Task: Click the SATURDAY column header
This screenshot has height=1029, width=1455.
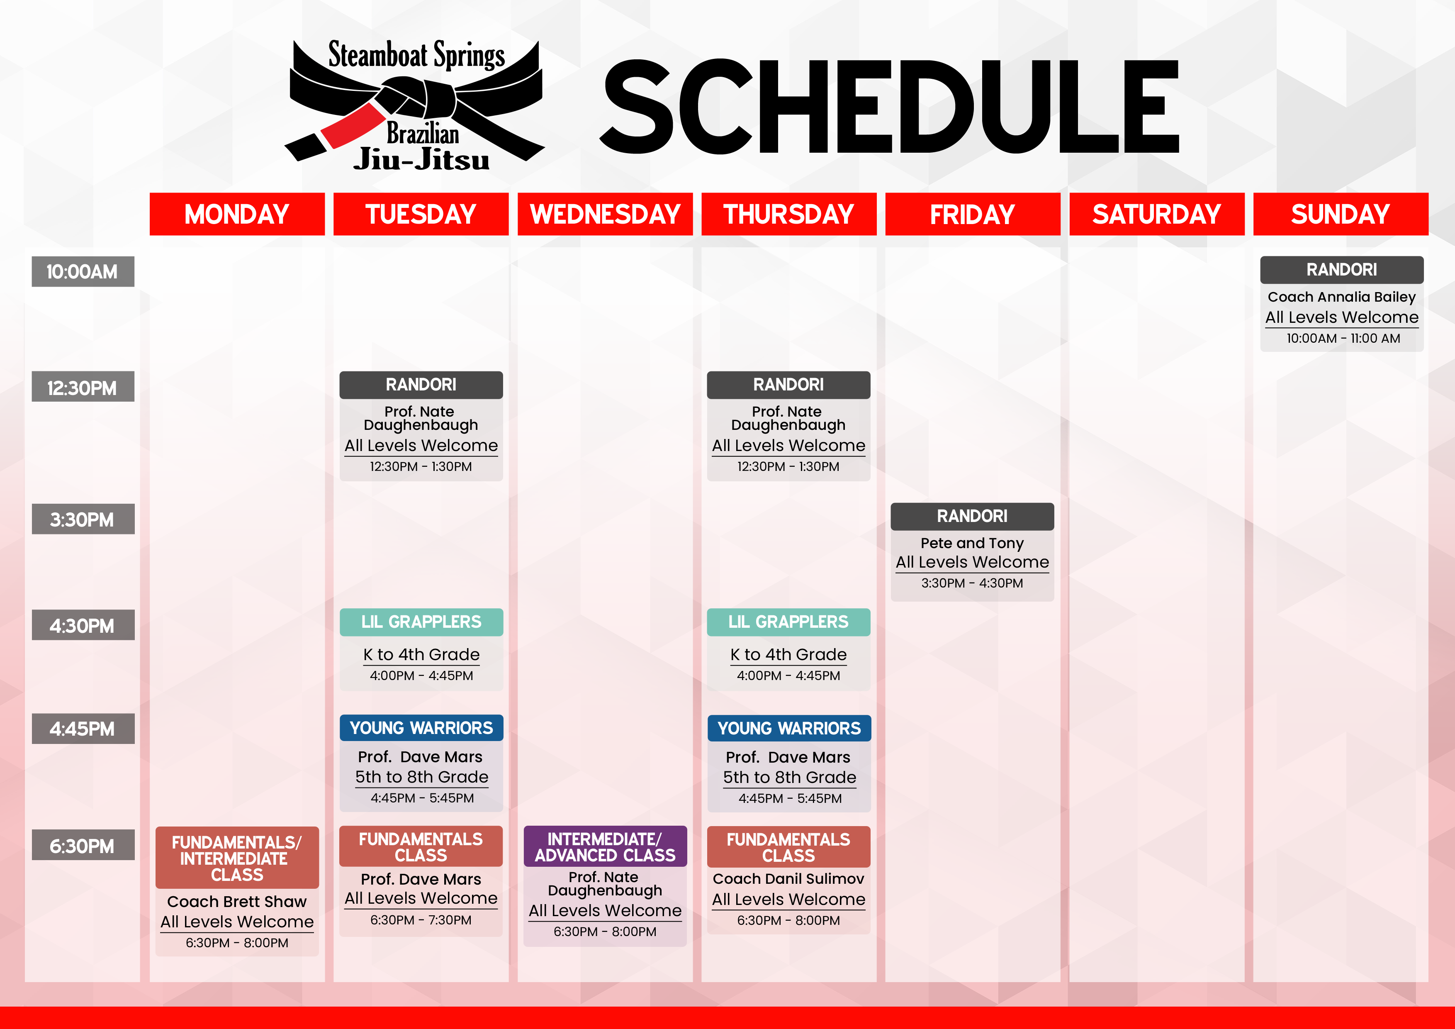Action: (1156, 214)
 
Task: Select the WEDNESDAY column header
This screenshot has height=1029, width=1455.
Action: (605, 214)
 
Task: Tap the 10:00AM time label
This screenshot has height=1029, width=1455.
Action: (83, 271)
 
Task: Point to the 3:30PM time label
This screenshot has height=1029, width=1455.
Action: (83, 519)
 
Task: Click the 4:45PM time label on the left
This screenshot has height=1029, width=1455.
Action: (83, 729)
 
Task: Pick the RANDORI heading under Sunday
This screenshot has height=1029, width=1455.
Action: (1342, 270)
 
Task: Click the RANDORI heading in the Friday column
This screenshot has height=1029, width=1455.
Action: (972, 517)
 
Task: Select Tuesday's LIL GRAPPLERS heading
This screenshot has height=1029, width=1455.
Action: (421, 622)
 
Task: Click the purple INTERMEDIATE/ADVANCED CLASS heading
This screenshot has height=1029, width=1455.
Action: (605, 847)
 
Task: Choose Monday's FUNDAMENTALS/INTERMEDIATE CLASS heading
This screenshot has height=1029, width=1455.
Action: (237, 858)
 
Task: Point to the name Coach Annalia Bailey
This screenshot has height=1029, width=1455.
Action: (1342, 297)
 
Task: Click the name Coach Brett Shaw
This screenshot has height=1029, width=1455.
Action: (237, 902)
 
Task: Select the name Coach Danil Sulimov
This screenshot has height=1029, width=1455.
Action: (788, 879)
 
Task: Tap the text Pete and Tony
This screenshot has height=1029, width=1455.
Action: (972, 544)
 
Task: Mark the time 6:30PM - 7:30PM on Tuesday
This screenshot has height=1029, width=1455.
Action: (421, 920)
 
